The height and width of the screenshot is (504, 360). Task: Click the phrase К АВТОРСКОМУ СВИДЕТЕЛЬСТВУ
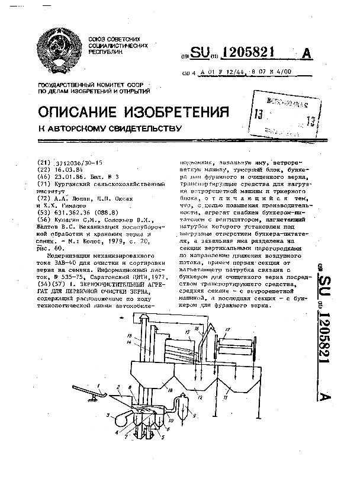coord(109,127)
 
